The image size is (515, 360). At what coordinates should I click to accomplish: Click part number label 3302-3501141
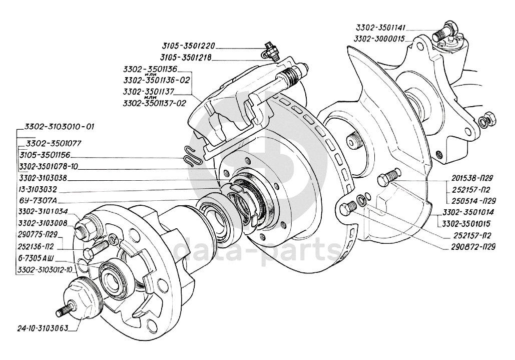click(381, 27)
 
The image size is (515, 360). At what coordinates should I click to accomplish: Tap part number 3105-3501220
click(189, 46)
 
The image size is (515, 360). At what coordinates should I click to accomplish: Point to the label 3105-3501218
click(186, 58)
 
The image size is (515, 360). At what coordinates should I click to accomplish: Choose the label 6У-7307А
click(39, 201)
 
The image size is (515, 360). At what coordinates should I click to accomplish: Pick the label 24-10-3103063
click(43, 328)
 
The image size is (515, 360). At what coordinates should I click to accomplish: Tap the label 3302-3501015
click(466, 224)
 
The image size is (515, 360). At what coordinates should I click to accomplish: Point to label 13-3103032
click(38, 190)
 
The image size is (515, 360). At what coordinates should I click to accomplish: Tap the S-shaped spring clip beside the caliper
click(190, 156)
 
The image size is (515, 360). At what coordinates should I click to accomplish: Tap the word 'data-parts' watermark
click(257, 250)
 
